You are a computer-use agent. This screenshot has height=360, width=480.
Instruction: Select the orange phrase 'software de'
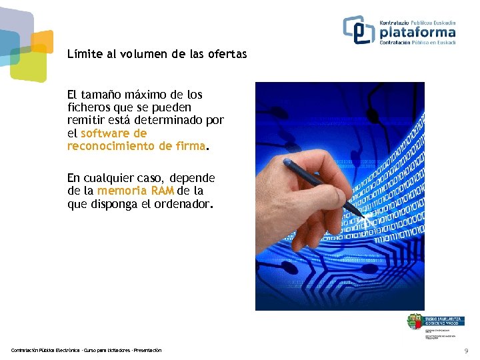pos(113,133)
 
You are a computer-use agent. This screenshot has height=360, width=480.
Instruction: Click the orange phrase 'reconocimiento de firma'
pos(135,146)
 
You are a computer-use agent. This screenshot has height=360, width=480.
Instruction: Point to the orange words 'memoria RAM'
pos(135,191)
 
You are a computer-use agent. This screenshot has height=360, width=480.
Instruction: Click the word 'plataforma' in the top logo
pos(417,32)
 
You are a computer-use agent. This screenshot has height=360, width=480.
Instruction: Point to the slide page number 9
pos(466,351)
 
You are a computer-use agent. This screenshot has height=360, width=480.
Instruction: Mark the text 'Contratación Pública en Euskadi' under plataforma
pos(417,43)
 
